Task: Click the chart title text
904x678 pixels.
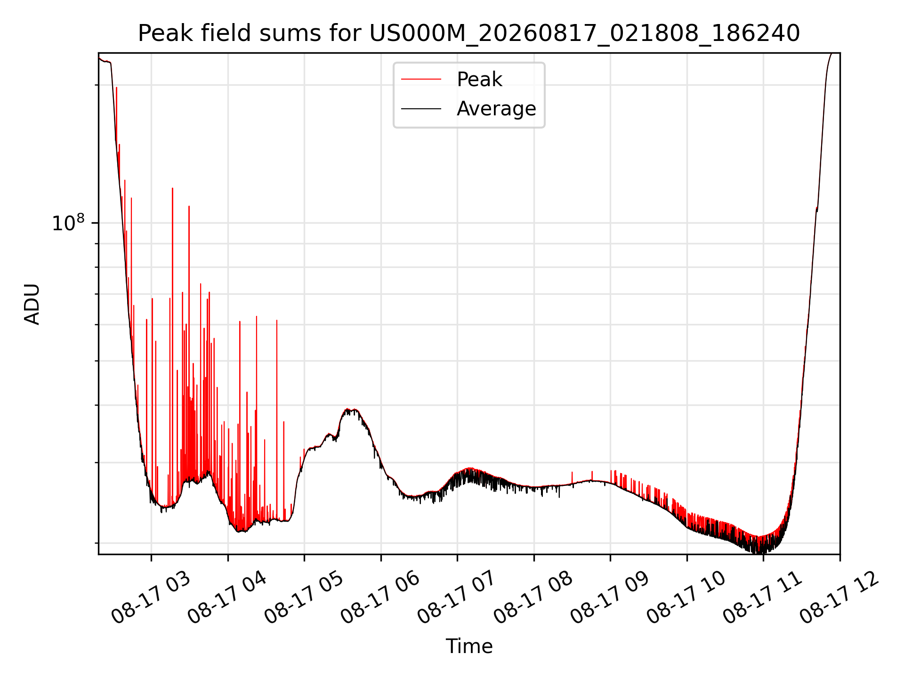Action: point(469,33)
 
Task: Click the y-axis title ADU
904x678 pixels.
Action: point(32,304)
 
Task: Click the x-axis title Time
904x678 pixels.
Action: point(469,646)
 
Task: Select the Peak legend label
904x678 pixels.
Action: point(479,80)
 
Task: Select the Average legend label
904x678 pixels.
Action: point(496,109)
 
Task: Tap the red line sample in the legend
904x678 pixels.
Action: point(421,80)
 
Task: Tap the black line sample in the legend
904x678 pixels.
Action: point(421,109)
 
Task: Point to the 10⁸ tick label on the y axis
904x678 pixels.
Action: point(68,223)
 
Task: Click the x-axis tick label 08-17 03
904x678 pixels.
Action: point(151,598)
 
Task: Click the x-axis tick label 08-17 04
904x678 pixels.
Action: point(227,598)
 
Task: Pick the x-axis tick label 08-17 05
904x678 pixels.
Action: point(304,598)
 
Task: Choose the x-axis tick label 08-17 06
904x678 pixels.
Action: point(380,598)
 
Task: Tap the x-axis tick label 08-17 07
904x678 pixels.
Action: point(457,598)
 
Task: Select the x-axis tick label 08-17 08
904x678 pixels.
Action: point(533,598)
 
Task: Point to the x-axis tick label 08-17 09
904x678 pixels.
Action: point(610,598)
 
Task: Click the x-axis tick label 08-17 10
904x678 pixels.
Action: point(686,598)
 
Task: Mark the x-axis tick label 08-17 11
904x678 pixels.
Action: point(763,598)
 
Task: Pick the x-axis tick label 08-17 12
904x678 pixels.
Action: point(839,598)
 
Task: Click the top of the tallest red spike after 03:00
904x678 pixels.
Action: point(173,188)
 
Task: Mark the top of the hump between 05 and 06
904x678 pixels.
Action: point(348,409)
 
